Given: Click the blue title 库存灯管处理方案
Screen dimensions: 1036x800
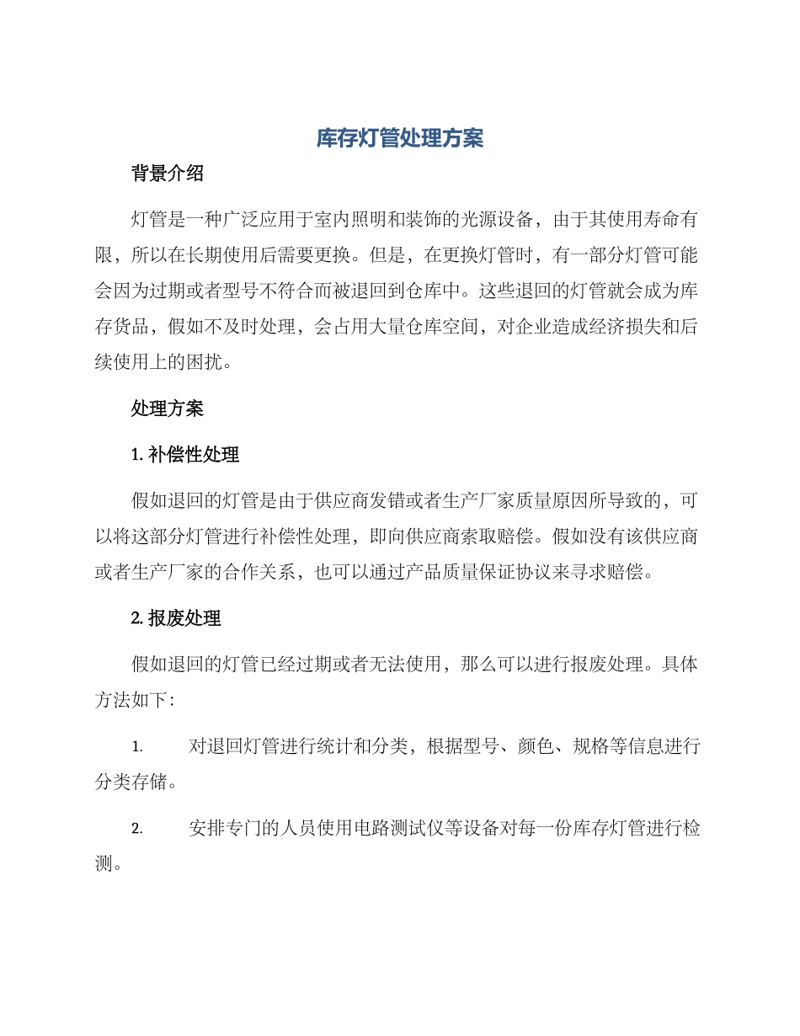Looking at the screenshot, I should [x=399, y=138].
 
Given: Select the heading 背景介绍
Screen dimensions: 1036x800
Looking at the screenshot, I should [x=168, y=174].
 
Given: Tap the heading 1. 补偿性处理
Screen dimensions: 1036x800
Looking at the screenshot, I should [x=185, y=455].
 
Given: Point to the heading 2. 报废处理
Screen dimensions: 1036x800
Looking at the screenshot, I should [x=176, y=618].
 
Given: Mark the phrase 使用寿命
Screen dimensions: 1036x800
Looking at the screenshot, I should [x=643, y=221].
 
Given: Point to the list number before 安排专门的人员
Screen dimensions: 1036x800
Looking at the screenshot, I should [x=137, y=830].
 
